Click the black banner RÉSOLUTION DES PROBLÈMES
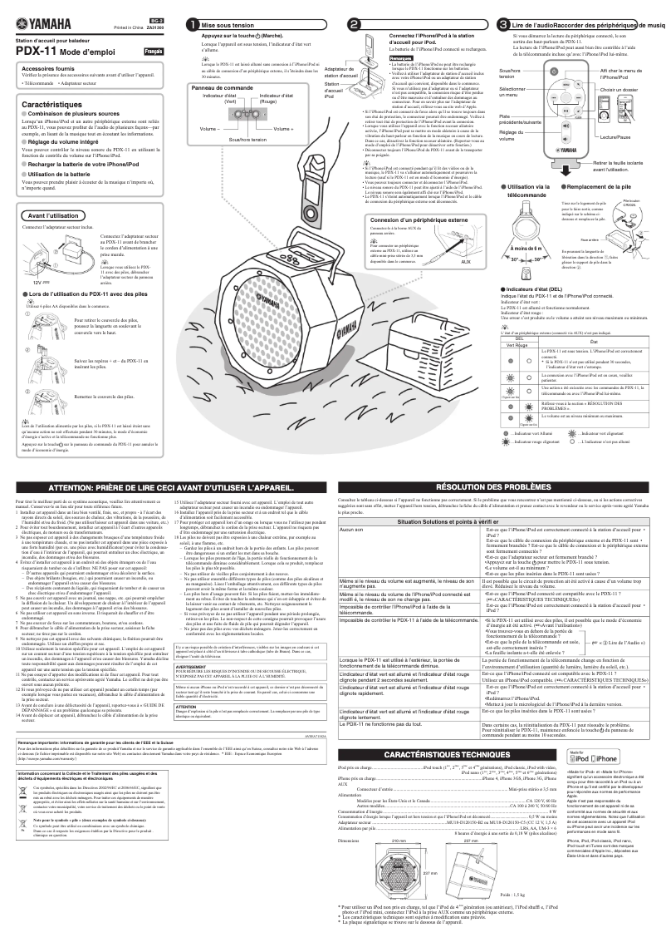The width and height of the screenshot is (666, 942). pos(498,486)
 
